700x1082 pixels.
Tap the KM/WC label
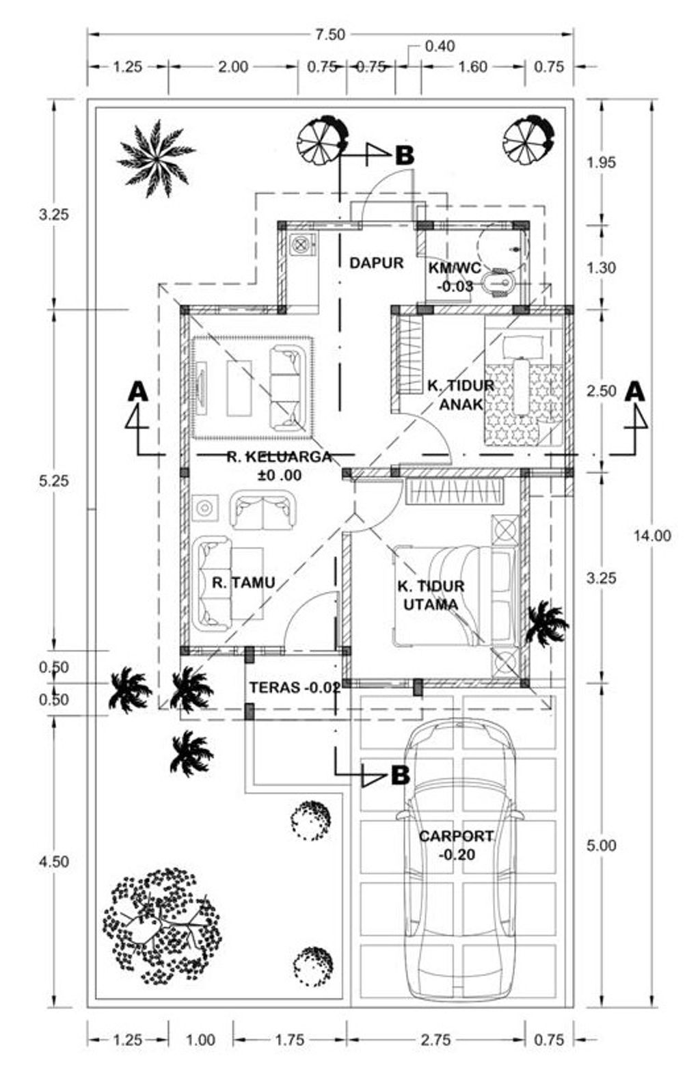pyautogui.click(x=455, y=267)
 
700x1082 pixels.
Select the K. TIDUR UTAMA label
pyautogui.click(x=431, y=595)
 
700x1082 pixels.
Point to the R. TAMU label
pyautogui.click(x=243, y=582)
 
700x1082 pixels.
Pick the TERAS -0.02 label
pyautogui.click(x=295, y=688)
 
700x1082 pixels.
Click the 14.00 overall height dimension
pyautogui.click(x=652, y=536)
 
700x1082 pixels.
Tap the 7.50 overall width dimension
pyautogui.click(x=330, y=35)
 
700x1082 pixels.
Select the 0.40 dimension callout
pyautogui.click(x=440, y=46)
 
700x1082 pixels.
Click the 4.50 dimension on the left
pyautogui.click(x=54, y=861)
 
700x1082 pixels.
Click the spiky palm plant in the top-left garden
pyautogui.click(x=156, y=159)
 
